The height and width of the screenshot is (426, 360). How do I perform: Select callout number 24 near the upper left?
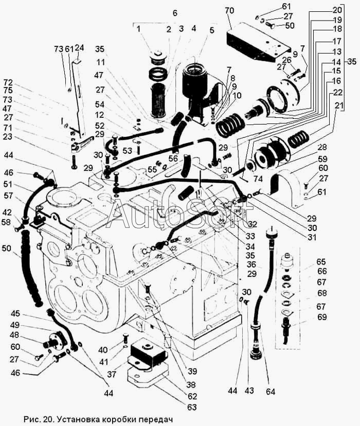(x=79, y=48)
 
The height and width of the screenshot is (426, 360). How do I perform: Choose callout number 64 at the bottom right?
(x=271, y=392)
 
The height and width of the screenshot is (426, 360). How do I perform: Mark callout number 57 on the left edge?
(x=8, y=196)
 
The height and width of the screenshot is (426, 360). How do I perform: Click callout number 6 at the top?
(x=175, y=12)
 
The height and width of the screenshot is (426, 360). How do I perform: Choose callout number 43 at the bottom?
(x=249, y=390)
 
